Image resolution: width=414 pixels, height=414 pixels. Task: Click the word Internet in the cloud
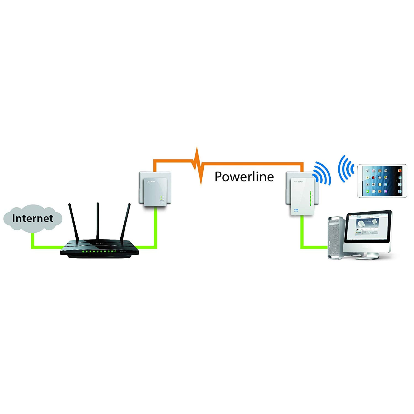(x=33, y=218)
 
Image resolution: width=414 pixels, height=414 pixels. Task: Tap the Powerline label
(x=244, y=177)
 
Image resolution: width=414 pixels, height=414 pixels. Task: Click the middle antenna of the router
(x=98, y=221)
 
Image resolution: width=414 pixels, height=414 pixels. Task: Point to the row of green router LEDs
(x=99, y=251)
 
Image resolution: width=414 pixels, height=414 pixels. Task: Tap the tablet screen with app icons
(x=382, y=181)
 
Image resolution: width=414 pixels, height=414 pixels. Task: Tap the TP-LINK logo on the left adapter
(x=151, y=181)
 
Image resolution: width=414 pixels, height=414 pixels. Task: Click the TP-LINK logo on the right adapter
(x=298, y=182)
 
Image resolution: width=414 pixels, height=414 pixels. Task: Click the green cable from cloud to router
(x=41, y=247)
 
